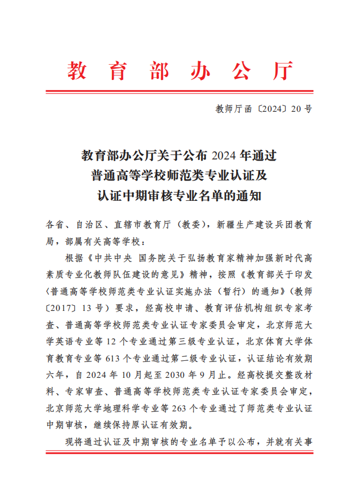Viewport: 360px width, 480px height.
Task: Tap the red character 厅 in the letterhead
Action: (282, 71)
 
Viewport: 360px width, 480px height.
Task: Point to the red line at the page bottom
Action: (179, 453)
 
